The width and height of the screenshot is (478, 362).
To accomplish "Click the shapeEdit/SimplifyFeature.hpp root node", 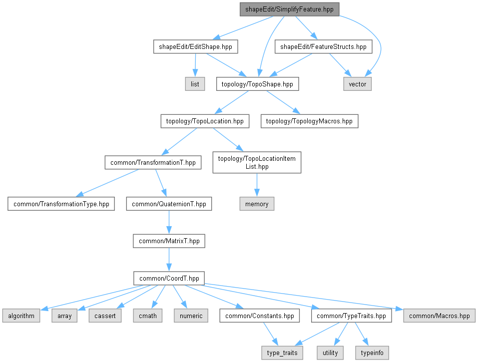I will click(x=289, y=9).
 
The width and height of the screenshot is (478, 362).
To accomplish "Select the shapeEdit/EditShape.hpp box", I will click(x=195, y=47).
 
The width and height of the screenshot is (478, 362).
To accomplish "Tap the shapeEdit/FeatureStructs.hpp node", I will click(x=323, y=47).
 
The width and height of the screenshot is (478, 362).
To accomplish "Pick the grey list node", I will click(x=195, y=84).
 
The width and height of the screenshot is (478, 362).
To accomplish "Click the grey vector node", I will click(x=357, y=84).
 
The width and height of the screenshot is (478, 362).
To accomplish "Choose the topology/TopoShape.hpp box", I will click(x=257, y=84).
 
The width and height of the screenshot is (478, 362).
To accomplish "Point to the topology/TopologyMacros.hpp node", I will click(x=309, y=121).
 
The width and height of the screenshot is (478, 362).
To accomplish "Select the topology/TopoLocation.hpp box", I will click(x=205, y=121).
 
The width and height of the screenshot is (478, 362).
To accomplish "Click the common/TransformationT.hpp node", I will click(x=153, y=162).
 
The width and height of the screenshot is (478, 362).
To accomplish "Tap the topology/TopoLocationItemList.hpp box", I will click(x=257, y=162).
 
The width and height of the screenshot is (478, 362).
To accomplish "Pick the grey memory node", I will click(x=257, y=204).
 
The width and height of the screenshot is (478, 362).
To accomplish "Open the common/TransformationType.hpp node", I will click(x=60, y=204).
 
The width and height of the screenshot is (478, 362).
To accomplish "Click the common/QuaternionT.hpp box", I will click(x=169, y=204).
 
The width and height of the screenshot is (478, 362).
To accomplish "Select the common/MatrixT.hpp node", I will click(x=169, y=241).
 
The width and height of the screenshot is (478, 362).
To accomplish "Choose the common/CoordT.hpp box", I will click(x=169, y=278).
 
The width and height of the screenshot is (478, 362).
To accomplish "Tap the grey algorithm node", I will click(x=20, y=316).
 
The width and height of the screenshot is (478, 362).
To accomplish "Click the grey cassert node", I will click(x=105, y=316).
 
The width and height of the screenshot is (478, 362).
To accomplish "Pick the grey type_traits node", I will click(x=282, y=353).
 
